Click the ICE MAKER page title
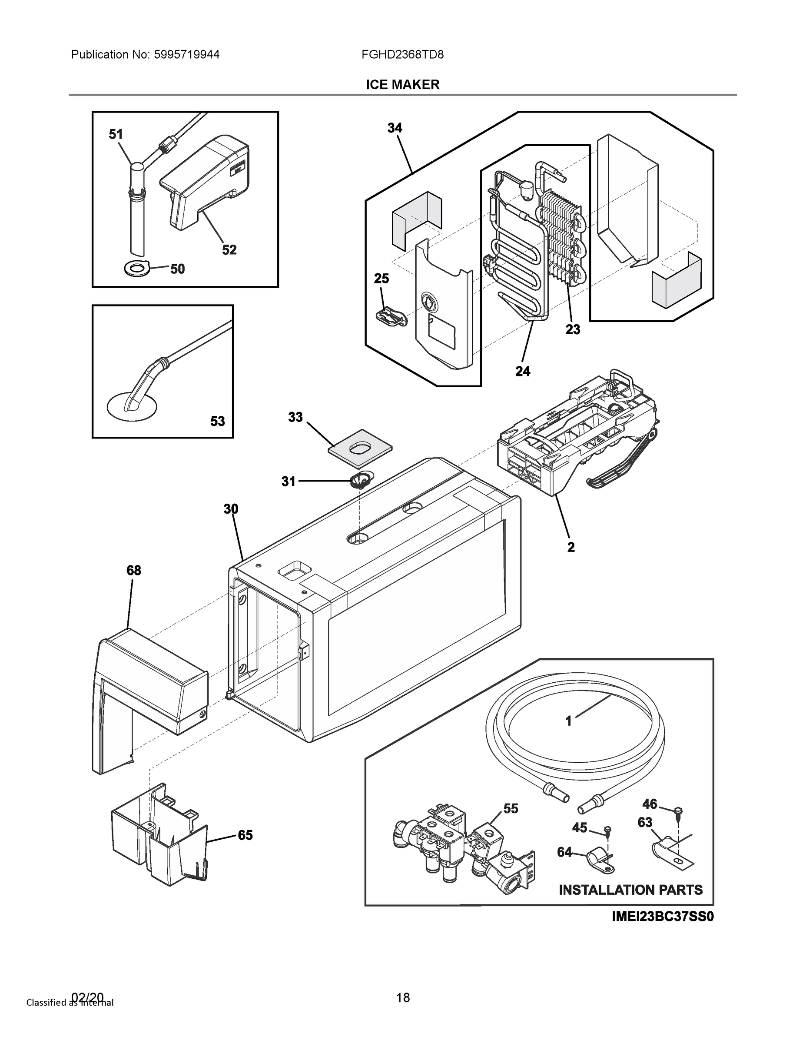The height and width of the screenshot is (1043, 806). click(x=402, y=85)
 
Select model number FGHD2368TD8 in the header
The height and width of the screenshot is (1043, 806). click(x=402, y=54)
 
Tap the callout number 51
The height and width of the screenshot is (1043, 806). click(x=116, y=135)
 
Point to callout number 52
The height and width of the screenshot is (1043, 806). click(x=229, y=250)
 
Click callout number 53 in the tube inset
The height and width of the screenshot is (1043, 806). click(x=217, y=421)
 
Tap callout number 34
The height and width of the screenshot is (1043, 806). click(x=395, y=128)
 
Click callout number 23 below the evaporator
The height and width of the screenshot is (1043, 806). click(x=573, y=329)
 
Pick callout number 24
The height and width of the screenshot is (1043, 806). click(x=522, y=371)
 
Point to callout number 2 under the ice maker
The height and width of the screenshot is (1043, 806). click(x=571, y=547)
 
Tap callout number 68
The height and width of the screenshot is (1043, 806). click(x=134, y=570)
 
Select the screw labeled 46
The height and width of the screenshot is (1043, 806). click(x=680, y=811)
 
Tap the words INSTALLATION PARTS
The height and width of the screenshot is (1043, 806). click(x=630, y=890)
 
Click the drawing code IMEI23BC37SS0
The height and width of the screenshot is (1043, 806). click(x=663, y=917)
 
